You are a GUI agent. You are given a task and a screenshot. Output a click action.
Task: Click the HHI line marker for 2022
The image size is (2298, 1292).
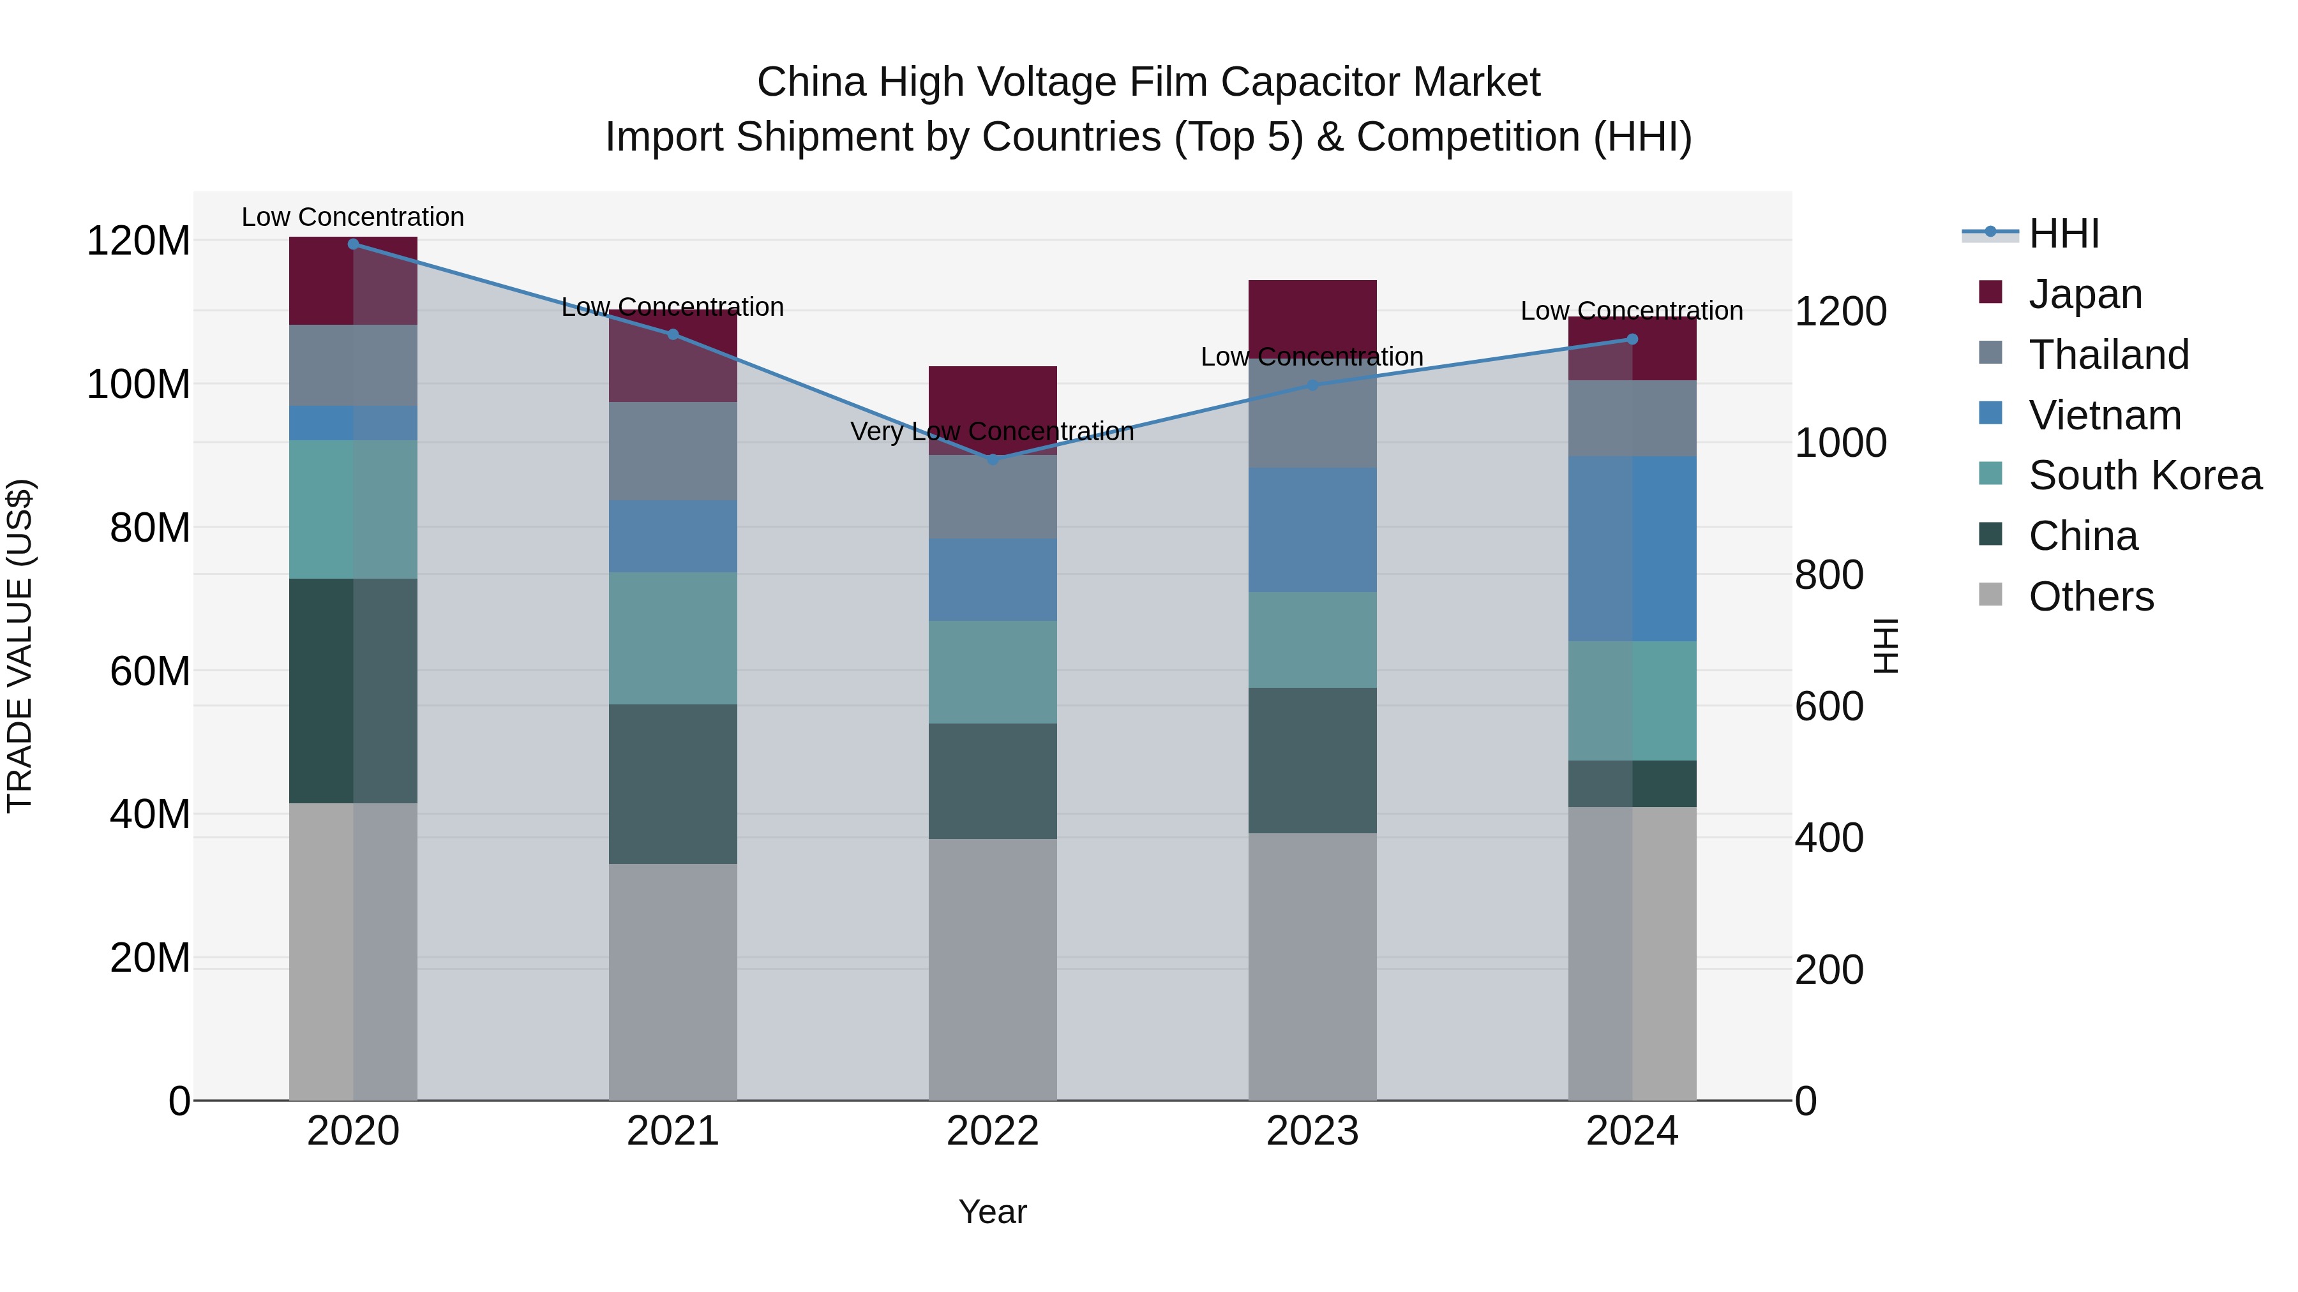(992, 459)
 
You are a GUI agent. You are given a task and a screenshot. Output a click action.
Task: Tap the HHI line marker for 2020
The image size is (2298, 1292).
(353, 244)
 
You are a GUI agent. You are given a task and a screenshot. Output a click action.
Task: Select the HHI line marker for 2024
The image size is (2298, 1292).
(1632, 339)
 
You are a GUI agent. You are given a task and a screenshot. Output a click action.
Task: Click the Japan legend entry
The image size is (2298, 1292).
(2085, 294)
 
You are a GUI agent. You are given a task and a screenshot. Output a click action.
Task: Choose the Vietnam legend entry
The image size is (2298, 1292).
(2105, 415)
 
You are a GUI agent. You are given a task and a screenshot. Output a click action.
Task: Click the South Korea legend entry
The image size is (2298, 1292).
(2145, 475)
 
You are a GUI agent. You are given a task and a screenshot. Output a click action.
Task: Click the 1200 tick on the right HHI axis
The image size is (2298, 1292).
(1840, 312)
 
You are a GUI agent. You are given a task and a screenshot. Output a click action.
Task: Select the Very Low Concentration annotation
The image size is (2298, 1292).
(992, 431)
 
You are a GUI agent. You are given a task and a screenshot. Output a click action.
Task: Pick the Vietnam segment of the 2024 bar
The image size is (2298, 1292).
(1632, 548)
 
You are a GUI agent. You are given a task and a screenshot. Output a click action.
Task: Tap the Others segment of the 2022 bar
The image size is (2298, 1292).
(992, 969)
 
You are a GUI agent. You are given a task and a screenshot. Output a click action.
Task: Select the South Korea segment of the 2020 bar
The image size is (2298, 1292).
(353, 509)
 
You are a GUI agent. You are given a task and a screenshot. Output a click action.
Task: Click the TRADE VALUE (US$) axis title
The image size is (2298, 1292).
(20, 646)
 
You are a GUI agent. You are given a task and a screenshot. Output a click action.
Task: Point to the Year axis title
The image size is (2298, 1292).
(992, 1212)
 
